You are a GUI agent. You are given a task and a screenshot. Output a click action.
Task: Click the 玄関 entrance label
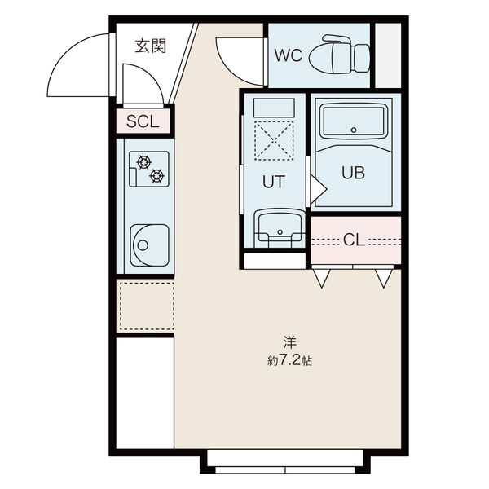pyautogui.click(x=150, y=46)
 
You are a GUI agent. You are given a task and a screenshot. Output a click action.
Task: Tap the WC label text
pyautogui.click(x=289, y=55)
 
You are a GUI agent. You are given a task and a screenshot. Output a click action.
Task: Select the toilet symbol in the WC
pyautogui.click(x=339, y=55)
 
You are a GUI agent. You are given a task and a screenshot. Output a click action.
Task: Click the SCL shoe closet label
pyautogui.click(x=143, y=121)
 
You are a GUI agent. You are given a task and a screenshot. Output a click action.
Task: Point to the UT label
pyautogui.click(x=274, y=182)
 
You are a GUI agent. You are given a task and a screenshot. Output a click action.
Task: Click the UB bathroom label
pyautogui.click(x=353, y=173)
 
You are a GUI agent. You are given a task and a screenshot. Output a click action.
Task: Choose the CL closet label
pyautogui.click(x=354, y=240)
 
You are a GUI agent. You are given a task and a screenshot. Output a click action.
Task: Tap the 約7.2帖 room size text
pyautogui.click(x=289, y=361)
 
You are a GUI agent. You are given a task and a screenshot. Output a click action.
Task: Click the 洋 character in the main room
pyautogui.click(x=289, y=342)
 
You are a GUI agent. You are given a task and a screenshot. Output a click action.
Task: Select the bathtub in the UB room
pyautogui.click(x=354, y=121)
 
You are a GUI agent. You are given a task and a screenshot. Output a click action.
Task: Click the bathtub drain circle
pyautogui.click(x=354, y=130)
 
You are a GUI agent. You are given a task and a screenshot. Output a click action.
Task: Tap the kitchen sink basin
pyautogui.click(x=150, y=245)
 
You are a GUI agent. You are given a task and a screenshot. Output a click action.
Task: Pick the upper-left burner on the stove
pyautogui.click(x=143, y=162)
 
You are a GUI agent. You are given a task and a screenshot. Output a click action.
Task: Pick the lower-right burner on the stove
pyautogui.click(x=156, y=176)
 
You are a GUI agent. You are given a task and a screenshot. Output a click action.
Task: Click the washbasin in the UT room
pyautogui.click(x=280, y=228)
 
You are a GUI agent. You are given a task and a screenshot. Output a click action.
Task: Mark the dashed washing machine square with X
pyautogui.click(x=274, y=141)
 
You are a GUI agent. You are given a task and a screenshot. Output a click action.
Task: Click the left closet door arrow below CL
pyautogui.click(x=322, y=278)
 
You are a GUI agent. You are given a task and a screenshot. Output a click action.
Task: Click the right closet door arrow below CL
pyautogui.click(x=384, y=278)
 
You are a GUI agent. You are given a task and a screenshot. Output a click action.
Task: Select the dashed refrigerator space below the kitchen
pyautogui.click(x=148, y=306)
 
